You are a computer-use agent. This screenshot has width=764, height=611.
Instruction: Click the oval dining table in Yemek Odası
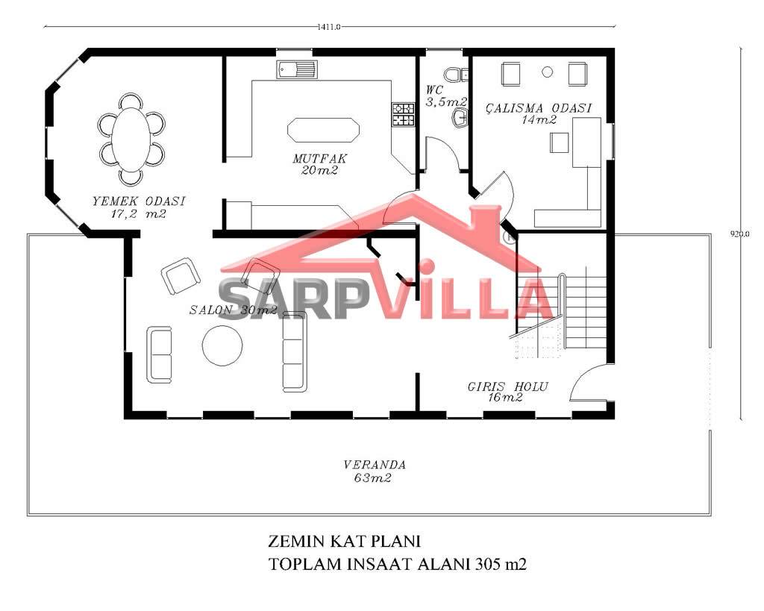[131, 139]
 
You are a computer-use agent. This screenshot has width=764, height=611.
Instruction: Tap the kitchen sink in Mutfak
[297, 69]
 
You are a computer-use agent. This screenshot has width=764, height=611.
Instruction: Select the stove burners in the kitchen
[404, 114]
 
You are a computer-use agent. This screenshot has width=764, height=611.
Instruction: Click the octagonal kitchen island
[323, 130]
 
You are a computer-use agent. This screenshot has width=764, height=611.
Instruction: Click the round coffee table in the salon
[222, 345]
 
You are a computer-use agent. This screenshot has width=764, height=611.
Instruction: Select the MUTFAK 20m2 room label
[319, 164]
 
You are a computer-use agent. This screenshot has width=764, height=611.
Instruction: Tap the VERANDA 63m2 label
[374, 471]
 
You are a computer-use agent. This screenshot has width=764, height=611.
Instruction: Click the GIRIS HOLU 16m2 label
[507, 392]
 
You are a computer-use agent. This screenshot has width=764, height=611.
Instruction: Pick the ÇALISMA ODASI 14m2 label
[539, 113]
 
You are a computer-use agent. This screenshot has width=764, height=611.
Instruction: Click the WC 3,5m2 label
[446, 96]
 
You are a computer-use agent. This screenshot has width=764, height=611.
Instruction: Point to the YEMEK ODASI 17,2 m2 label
[139, 207]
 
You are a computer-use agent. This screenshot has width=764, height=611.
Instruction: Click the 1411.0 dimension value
[328, 27]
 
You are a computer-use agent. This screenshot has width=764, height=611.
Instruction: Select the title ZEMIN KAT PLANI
[344, 541]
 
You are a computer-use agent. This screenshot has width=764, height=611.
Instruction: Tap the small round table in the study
[548, 72]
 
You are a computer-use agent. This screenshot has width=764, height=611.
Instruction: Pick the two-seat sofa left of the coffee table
[160, 354]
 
